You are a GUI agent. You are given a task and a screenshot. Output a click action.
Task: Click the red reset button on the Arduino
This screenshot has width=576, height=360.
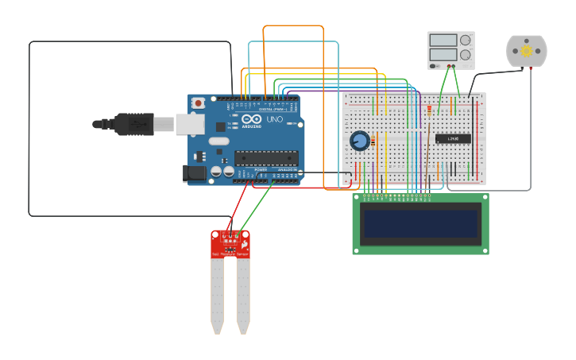pyautogui.click(x=198, y=103)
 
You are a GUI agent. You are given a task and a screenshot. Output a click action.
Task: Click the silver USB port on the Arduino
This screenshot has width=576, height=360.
pyautogui.click(x=188, y=123)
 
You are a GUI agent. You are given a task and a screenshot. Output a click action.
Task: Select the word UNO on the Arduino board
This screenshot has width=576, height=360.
pyautogui.click(x=274, y=119)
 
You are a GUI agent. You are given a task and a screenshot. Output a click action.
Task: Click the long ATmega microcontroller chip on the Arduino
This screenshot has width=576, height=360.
pyautogui.click(x=265, y=157)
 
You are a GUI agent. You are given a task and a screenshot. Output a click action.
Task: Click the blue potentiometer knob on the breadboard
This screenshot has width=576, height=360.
pyautogui.click(x=360, y=141)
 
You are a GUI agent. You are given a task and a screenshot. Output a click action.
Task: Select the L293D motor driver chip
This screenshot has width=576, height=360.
pyautogui.click(x=452, y=139)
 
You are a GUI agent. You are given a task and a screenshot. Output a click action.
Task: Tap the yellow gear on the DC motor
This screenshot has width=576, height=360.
pyautogui.click(x=526, y=51)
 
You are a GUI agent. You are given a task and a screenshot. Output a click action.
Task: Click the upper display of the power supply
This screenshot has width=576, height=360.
pyautogui.click(x=442, y=40)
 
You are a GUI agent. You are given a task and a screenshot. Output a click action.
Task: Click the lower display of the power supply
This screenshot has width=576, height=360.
pyautogui.click(x=442, y=55)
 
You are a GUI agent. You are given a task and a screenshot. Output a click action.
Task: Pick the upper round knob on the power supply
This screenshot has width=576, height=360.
pyautogui.click(x=465, y=40)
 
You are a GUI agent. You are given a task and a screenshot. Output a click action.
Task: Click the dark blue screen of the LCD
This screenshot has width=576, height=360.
pyautogui.click(x=420, y=224)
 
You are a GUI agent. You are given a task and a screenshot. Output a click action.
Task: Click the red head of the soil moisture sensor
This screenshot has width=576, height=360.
pyautogui.click(x=230, y=244)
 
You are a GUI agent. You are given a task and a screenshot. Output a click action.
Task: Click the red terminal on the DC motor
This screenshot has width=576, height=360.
pyautogui.click(x=531, y=68)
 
